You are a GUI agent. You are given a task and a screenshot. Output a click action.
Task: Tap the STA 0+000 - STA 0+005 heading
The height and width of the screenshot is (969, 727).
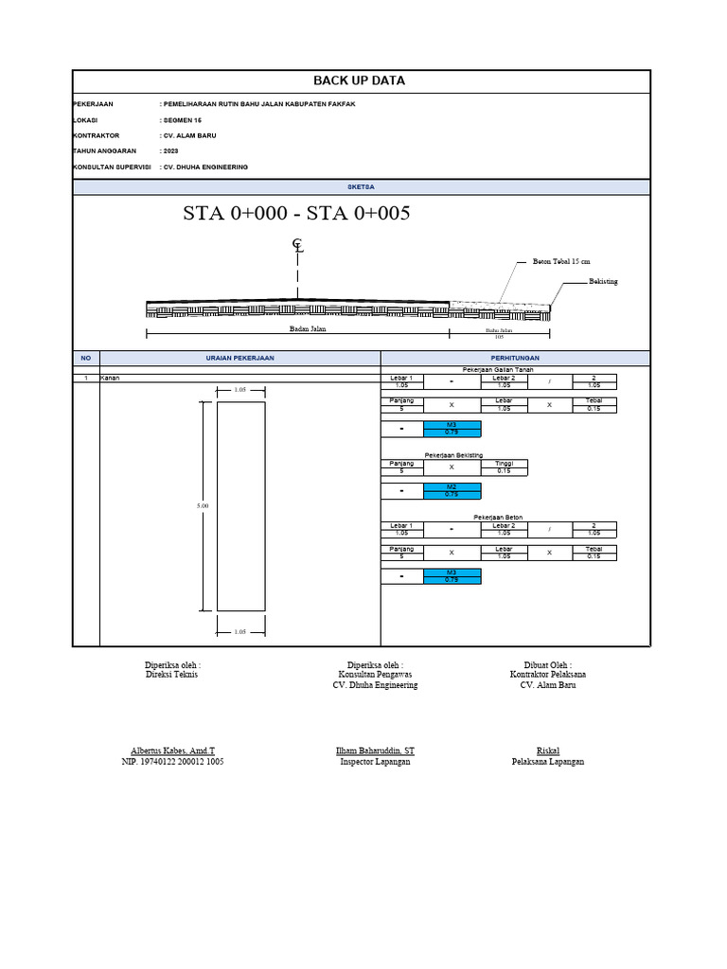pyautogui.click(x=296, y=214)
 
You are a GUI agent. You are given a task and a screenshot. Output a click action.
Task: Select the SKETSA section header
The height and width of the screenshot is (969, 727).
pyautogui.click(x=362, y=188)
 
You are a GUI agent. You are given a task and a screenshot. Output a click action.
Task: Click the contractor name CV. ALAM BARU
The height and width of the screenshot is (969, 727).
pyautogui.click(x=189, y=135)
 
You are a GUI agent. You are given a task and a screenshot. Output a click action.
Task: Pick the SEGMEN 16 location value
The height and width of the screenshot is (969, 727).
pyautogui.click(x=182, y=120)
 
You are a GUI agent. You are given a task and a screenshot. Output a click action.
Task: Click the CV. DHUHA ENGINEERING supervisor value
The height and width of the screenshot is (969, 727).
pyautogui.click(x=205, y=167)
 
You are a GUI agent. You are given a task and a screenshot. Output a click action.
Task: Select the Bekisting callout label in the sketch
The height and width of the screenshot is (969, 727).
pyautogui.click(x=603, y=282)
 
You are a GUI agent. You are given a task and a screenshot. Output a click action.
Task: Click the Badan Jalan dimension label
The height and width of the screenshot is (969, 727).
pyautogui.click(x=307, y=329)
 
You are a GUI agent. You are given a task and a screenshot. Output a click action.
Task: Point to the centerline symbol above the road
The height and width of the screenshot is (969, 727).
pyautogui.click(x=298, y=247)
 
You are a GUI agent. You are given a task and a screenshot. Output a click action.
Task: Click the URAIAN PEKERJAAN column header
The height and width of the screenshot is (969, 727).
pyautogui.click(x=239, y=359)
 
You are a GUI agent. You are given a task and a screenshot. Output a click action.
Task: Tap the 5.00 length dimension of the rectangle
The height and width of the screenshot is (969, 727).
pyautogui.click(x=202, y=506)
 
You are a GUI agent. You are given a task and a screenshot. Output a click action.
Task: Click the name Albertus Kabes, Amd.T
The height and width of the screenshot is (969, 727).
pyautogui.click(x=173, y=749)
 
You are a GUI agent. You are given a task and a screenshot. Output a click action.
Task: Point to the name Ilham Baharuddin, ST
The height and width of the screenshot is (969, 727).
pyautogui.click(x=375, y=749)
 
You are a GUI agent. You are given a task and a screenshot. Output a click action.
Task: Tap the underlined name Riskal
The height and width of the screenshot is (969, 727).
pyautogui.click(x=548, y=749)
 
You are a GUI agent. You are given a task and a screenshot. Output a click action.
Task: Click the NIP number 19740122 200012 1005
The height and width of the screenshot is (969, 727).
pyautogui.click(x=173, y=762)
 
